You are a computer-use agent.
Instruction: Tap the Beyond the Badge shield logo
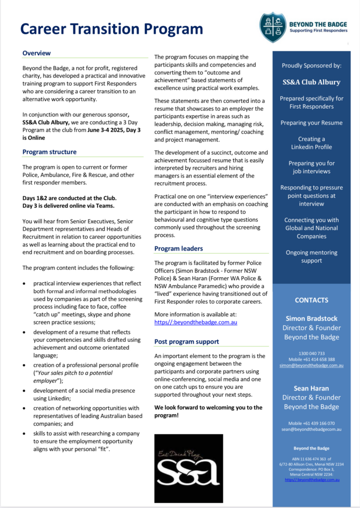tap(273, 27)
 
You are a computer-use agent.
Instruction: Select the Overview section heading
tap(37, 53)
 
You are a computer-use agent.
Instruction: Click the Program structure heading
tap(50, 152)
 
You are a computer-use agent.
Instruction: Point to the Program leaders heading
tap(178, 249)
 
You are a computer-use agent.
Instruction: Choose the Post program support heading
tap(186, 342)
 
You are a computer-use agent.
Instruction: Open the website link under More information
tap(196, 322)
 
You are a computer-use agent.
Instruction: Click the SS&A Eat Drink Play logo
tap(188, 468)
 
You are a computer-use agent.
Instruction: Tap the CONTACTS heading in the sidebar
tap(311, 300)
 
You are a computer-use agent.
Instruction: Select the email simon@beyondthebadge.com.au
tap(311, 365)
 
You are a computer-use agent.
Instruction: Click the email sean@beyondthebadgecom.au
tap(311, 429)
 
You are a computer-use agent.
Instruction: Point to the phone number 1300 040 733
tap(311, 353)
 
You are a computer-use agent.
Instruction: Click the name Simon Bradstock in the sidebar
tap(311, 318)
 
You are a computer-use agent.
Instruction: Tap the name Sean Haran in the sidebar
tap(311, 388)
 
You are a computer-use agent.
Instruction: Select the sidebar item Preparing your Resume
tap(311, 123)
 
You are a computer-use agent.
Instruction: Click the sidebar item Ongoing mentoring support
tap(311, 256)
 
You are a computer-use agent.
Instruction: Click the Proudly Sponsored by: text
tap(311, 65)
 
